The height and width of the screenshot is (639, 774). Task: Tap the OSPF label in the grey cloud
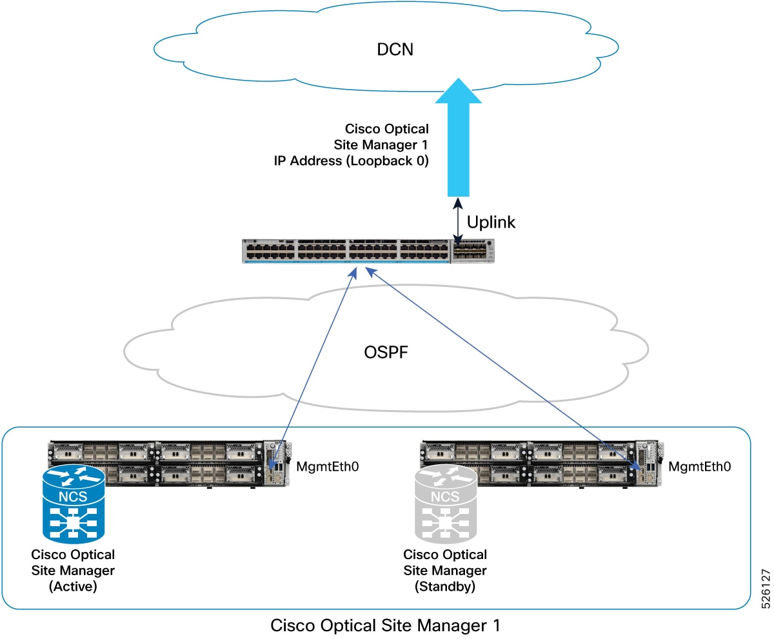(386, 353)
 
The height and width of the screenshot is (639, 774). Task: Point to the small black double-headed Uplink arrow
(458, 221)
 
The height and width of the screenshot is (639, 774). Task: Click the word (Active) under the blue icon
(73, 585)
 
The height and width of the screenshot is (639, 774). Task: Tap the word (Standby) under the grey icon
(445, 585)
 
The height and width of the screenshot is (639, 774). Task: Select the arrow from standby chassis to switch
(503, 364)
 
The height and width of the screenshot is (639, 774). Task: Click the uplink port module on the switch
(472, 251)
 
